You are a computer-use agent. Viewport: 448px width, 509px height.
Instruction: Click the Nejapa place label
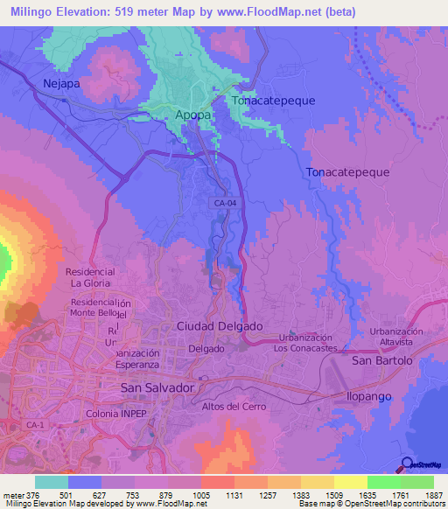(62, 84)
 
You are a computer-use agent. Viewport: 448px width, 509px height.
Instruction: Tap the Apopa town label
(192, 115)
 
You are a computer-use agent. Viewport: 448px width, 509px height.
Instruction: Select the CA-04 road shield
(224, 203)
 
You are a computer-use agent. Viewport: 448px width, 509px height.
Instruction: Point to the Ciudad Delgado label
(220, 325)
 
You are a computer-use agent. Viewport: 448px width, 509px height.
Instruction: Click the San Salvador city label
(157, 387)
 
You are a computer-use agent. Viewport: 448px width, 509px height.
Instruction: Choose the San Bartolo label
(381, 360)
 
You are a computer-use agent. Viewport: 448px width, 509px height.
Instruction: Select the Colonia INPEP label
(120, 412)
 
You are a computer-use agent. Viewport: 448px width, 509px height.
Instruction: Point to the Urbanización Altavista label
(396, 338)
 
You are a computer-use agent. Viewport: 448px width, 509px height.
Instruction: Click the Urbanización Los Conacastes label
(305, 343)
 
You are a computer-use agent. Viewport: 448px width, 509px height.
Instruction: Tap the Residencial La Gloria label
(90, 277)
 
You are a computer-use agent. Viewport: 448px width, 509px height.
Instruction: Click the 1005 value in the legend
(199, 495)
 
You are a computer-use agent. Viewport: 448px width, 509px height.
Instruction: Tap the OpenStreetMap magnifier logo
(407, 464)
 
